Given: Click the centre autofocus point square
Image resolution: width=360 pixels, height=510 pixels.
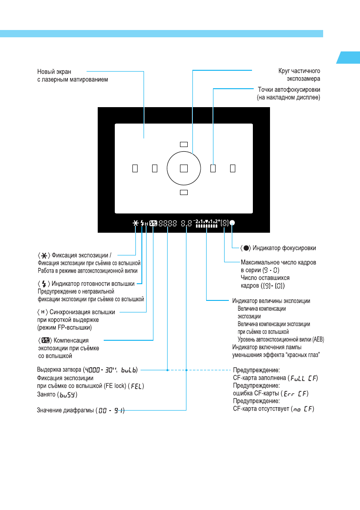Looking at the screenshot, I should [184, 168].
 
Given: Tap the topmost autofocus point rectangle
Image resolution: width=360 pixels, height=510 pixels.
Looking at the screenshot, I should [184, 144].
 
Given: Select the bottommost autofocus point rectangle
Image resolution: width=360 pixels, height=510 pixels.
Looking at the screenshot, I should [184, 192].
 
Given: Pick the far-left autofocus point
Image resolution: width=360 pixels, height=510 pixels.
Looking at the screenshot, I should [135, 168].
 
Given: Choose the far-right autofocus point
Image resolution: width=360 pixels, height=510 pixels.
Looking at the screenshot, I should [233, 168].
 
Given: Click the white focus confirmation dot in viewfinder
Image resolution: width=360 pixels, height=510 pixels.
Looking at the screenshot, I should [233, 223].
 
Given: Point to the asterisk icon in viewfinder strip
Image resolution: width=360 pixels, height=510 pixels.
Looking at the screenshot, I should [136, 223].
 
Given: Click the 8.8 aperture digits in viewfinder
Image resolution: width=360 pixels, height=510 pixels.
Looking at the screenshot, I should [186, 223].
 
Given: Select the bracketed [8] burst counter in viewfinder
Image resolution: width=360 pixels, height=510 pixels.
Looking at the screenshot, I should [225, 223].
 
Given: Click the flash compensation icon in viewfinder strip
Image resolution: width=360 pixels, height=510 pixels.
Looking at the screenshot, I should [153, 223].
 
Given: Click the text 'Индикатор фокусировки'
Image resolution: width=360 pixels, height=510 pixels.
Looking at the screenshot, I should [285, 248].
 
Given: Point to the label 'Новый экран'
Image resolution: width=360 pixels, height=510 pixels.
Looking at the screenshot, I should [54, 71].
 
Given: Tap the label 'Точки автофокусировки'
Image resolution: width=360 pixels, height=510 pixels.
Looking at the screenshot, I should [289, 90].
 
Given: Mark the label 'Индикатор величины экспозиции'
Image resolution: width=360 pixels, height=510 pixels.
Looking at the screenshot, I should [271, 301].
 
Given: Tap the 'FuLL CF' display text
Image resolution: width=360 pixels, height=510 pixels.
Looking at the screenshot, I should [304, 378].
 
